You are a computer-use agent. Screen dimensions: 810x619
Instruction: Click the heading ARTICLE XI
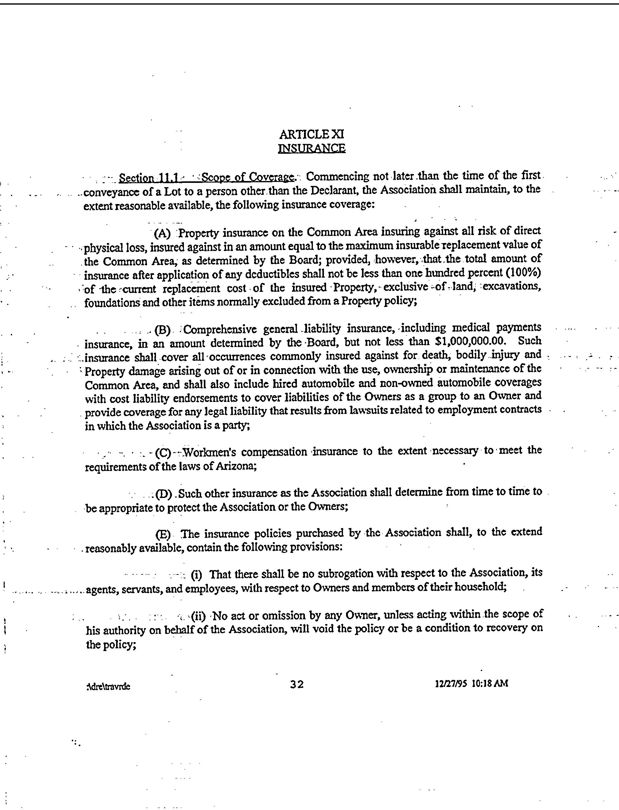point(312,134)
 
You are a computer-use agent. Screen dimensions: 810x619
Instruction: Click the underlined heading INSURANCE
point(312,148)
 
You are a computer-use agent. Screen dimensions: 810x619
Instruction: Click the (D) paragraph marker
point(164,494)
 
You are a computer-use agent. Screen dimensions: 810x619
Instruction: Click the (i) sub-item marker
point(197,575)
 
